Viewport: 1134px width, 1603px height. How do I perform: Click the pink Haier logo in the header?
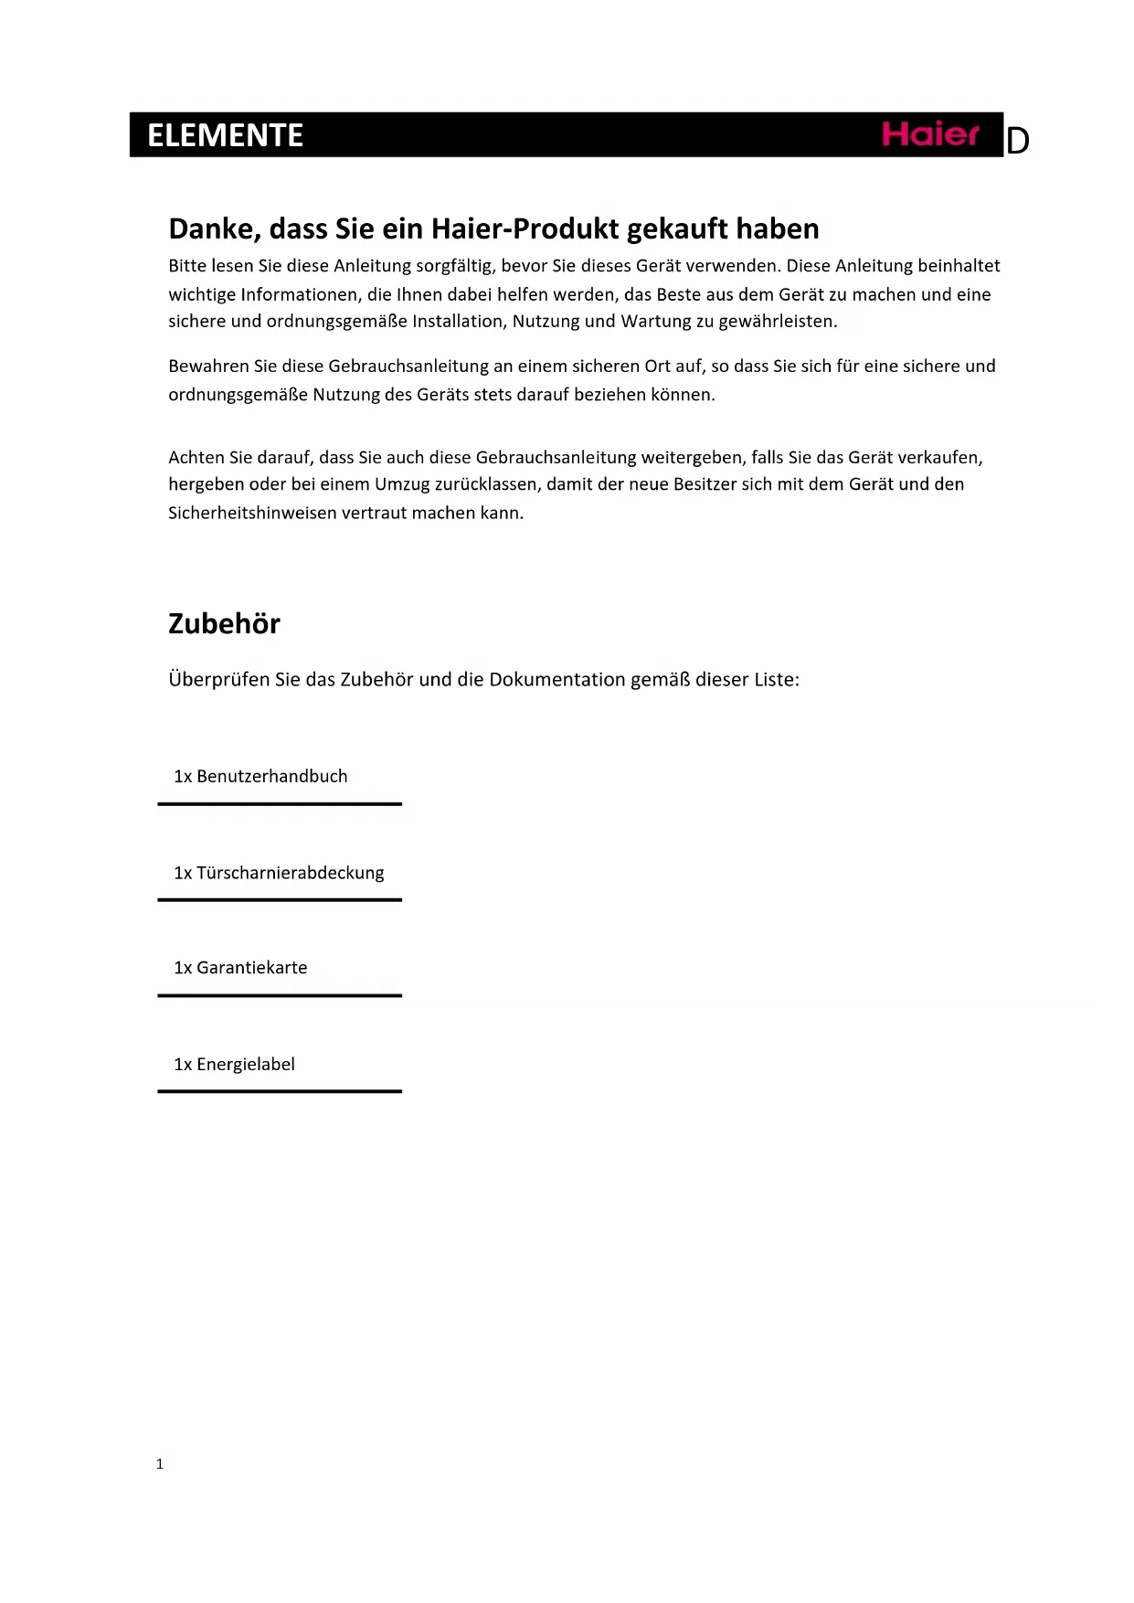(x=929, y=134)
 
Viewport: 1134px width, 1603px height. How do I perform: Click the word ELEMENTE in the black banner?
(x=225, y=135)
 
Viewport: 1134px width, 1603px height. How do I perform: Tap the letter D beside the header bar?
(x=1017, y=142)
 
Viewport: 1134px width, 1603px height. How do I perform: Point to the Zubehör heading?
(x=224, y=623)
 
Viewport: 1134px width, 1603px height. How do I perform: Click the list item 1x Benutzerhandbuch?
(x=260, y=776)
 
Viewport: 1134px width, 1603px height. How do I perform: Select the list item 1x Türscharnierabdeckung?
(x=279, y=873)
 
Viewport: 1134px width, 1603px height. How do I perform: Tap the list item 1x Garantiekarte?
(x=240, y=968)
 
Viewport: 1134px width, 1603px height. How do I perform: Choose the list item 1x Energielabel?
(x=234, y=1064)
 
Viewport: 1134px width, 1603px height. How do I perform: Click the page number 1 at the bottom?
(x=160, y=1463)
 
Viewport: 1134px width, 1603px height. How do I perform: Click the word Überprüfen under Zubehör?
(x=218, y=680)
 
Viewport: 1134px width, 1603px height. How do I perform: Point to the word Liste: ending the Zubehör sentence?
(x=776, y=679)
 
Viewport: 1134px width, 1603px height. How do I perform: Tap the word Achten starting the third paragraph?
(x=196, y=457)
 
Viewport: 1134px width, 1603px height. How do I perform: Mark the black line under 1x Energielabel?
(x=280, y=1091)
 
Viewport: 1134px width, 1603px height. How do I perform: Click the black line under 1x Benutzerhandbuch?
(x=280, y=804)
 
